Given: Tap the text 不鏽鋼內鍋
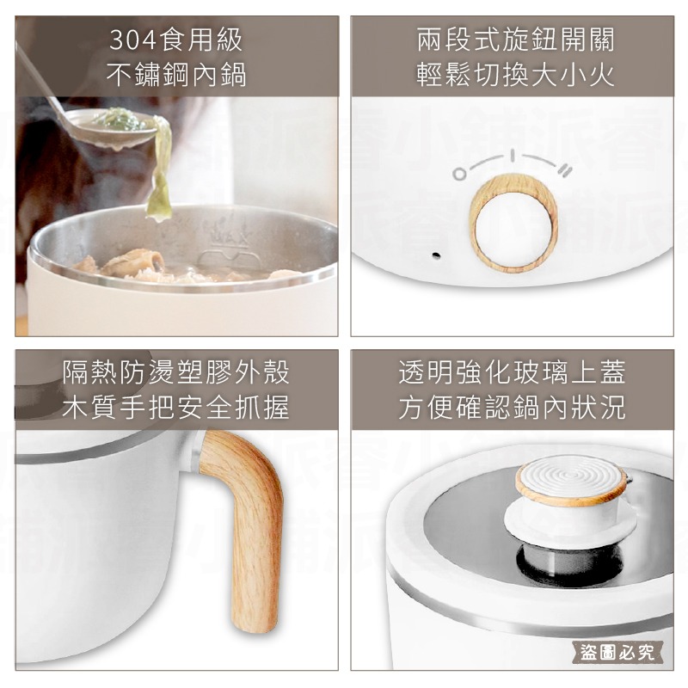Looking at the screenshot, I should pyautogui.click(x=176, y=75).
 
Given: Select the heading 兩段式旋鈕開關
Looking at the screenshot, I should pyautogui.click(x=515, y=40).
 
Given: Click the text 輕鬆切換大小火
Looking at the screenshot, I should pyautogui.click(x=515, y=75).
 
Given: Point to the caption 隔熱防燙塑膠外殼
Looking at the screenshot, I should pyautogui.click(x=176, y=372).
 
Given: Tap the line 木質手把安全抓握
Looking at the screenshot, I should pyautogui.click(x=176, y=408).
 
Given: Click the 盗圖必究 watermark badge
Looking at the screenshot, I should pyautogui.click(x=617, y=652).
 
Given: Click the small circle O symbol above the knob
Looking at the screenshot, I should pyautogui.click(x=459, y=175).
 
